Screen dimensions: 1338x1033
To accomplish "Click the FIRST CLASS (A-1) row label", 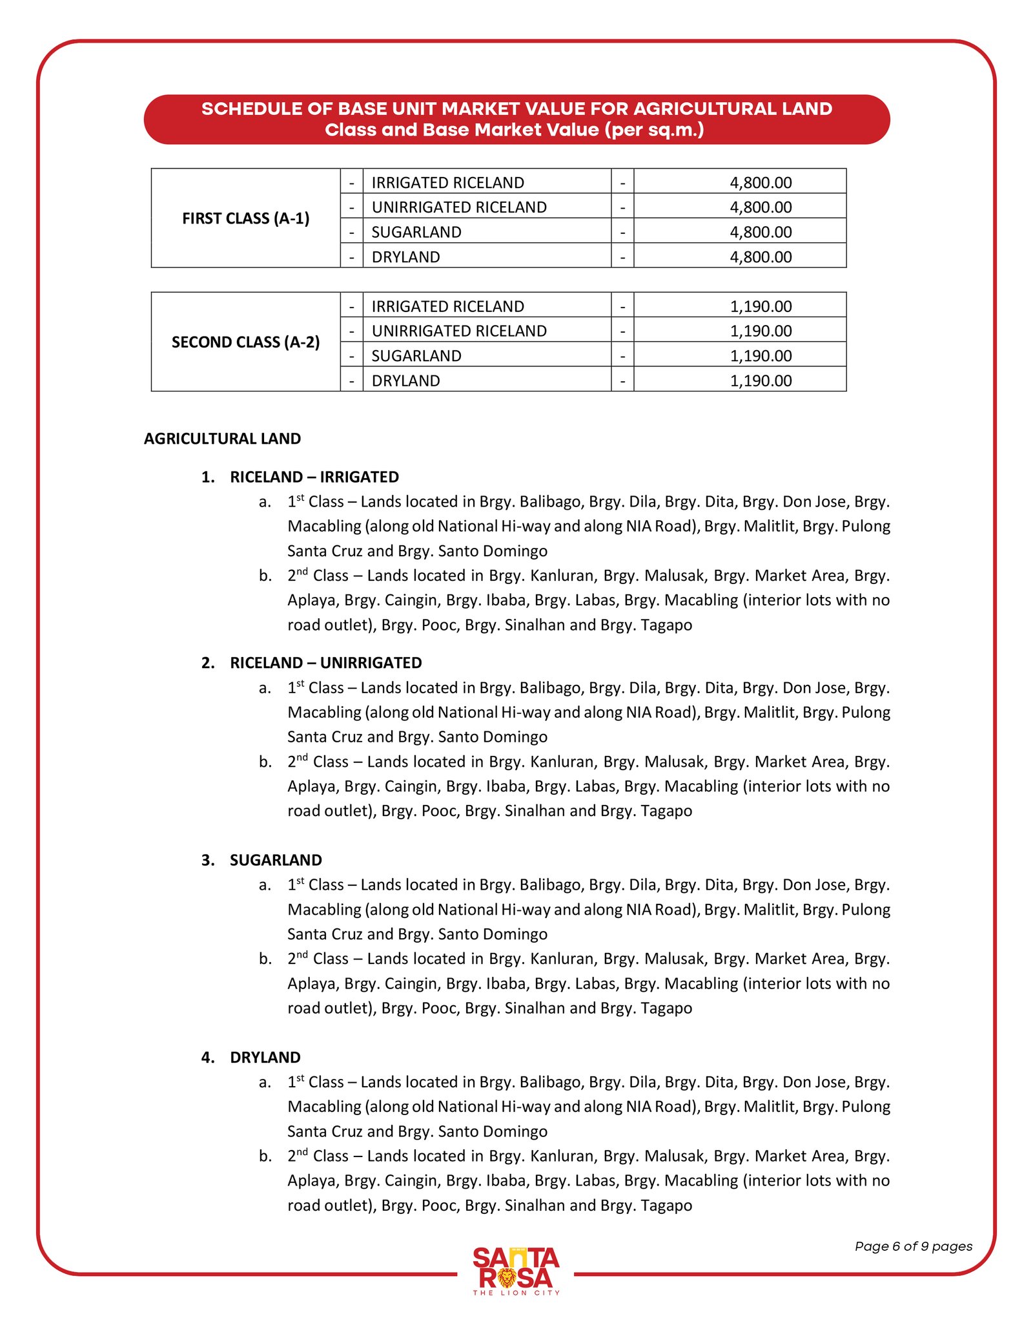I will pyautogui.click(x=245, y=218).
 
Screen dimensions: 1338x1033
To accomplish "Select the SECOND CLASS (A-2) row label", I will pyautogui.click(x=245, y=342).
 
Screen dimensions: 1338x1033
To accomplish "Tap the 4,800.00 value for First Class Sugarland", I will pyautogui.click(x=761, y=232).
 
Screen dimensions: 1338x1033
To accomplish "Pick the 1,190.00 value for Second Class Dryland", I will pyautogui.click(x=761, y=381).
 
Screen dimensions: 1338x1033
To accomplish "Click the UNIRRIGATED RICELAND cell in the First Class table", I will pyautogui.click(x=459, y=207).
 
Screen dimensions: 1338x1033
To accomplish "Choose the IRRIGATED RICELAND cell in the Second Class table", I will pyautogui.click(x=447, y=306).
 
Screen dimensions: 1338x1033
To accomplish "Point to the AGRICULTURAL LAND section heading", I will pyautogui.click(x=222, y=439).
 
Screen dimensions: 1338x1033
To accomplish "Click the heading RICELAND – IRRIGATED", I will pyautogui.click(x=314, y=477).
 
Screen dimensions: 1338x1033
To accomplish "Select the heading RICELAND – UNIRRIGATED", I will pyautogui.click(x=325, y=663).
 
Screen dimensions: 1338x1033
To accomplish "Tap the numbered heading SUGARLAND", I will pyautogui.click(x=276, y=860).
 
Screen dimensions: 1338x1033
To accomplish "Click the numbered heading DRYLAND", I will pyautogui.click(x=265, y=1057).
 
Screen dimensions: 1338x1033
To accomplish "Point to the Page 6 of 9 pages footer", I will pyautogui.click(x=913, y=1246).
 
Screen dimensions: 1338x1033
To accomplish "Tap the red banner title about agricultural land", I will pyautogui.click(x=516, y=120).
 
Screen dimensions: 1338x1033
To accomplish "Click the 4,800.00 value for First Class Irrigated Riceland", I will pyautogui.click(x=761, y=183).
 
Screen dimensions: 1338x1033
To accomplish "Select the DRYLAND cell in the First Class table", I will pyautogui.click(x=405, y=257).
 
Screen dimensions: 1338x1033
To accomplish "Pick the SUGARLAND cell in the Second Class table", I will pyautogui.click(x=416, y=356).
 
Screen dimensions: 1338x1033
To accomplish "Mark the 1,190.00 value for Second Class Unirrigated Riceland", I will pyautogui.click(x=761, y=331).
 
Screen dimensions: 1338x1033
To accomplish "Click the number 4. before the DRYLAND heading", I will pyautogui.click(x=208, y=1057).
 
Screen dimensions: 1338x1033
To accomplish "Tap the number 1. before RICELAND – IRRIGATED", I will pyautogui.click(x=208, y=477).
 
